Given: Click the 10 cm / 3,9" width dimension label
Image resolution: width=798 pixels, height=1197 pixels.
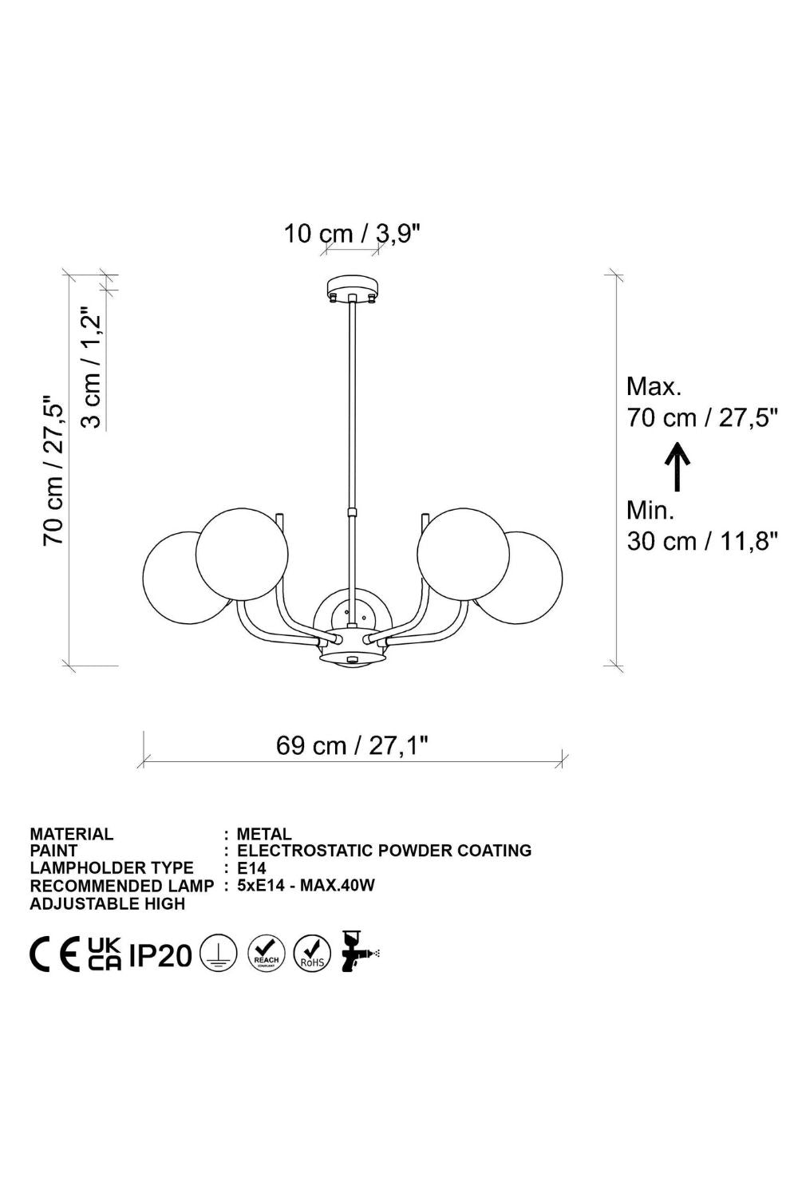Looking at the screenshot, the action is click(x=352, y=234).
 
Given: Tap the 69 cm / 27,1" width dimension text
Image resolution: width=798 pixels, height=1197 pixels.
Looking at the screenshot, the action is click(x=352, y=745).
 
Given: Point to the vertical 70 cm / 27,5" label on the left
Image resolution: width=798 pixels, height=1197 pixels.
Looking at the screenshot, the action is click(x=54, y=470).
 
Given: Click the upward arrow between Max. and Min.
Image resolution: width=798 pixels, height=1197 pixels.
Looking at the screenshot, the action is click(x=678, y=467).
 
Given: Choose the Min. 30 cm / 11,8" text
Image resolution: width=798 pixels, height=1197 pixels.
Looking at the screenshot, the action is click(x=701, y=527).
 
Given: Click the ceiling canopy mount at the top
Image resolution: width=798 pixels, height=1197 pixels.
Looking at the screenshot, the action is click(x=352, y=289).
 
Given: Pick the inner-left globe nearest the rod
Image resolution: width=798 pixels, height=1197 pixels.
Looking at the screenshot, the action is click(x=242, y=554).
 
